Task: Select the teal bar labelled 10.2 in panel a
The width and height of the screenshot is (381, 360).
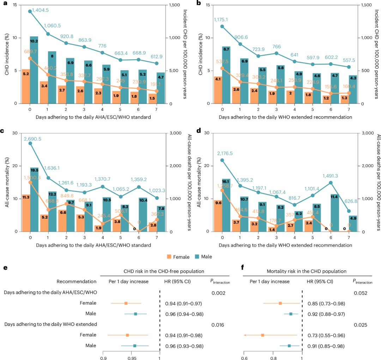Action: pyautogui.click(x=34, y=71)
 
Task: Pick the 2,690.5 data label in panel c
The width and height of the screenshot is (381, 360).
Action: pyautogui.click(x=32, y=139)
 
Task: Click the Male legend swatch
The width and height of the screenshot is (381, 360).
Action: pyautogui.click(x=195, y=257)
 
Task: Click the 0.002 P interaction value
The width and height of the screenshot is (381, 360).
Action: pyautogui.click(x=218, y=293)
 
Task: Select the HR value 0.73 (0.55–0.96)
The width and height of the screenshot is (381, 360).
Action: pyautogui.click(x=327, y=335)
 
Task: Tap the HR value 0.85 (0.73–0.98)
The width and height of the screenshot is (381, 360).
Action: pyautogui.click(x=327, y=304)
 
